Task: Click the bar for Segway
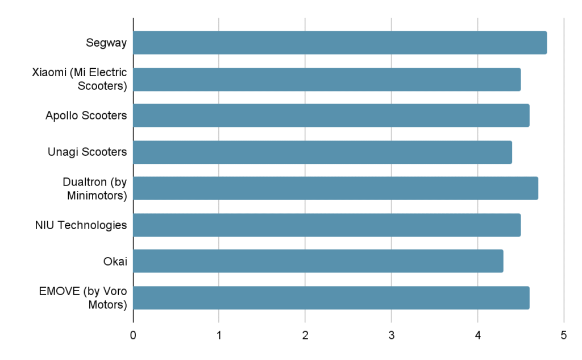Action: (340, 43)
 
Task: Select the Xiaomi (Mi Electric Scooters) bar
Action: (327, 79)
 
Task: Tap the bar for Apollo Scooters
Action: (331, 115)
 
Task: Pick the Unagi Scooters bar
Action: (322, 152)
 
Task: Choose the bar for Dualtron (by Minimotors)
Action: (335, 188)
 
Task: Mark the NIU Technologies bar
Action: (327, 225)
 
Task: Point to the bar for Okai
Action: (318, 261)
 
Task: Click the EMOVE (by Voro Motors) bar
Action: (331, 297)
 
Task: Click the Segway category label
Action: (106, 43)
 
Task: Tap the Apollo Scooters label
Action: (86, 115)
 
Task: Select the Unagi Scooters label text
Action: (87, 152)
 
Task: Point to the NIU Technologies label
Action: (81, 225)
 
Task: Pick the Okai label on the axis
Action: (115, 261)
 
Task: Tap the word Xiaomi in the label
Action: (48, 73)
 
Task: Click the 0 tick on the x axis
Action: (133, 336)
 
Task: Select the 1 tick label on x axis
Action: (219, 336)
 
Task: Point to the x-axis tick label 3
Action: (391, 336)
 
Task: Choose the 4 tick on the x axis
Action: (477, 336)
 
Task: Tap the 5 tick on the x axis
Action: (563, 336)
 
